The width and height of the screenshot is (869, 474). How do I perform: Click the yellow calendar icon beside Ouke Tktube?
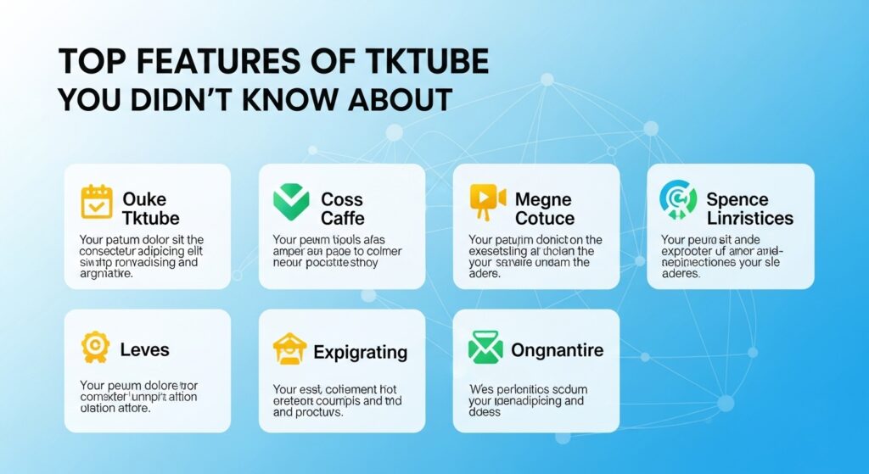coord(96,201)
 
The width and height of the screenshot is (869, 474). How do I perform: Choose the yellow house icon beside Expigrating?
coord(289,349)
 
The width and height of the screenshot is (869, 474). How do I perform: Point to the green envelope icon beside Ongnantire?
coord(485,348)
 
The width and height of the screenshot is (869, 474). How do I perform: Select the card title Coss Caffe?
coord(342,209)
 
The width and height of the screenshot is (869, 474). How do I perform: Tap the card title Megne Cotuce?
coord(544,209)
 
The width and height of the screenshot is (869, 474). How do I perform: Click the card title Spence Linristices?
coord(749,209)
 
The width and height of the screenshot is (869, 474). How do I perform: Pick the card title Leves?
coord(144,349)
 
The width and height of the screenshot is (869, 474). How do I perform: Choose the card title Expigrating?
coord(360,352)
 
